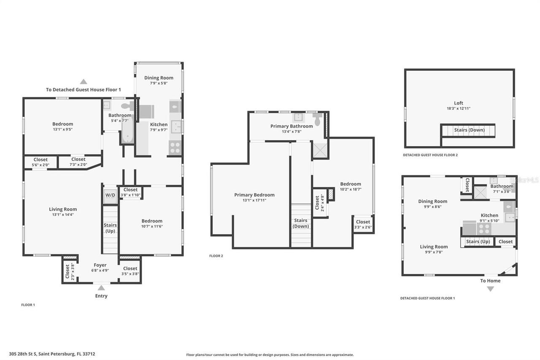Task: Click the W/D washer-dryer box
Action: [110, 195]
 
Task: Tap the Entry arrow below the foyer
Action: [101, 288]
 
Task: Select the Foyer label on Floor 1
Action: [100, 265]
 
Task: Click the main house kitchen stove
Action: [175, 148]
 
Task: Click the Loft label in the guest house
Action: [459, 103]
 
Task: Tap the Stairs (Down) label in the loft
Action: [469, 130]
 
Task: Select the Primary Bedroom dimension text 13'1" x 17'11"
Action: [254, 200]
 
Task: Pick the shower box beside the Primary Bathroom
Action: [320, 150]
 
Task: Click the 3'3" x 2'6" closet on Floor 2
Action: [363, 224]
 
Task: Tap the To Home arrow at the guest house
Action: [490, 289]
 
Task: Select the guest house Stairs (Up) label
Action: [478, 242]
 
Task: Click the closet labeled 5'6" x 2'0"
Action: [40, 162]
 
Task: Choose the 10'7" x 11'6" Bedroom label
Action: [152, 223]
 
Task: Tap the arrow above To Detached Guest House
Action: [84, 81]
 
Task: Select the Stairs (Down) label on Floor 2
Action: [301, 223]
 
